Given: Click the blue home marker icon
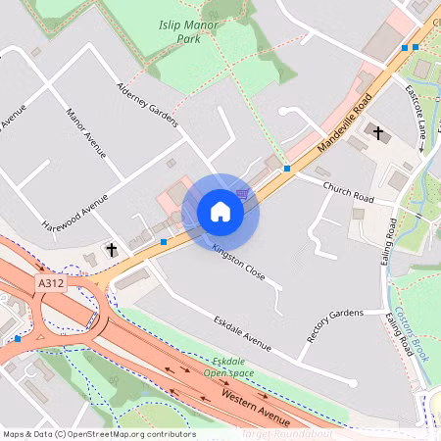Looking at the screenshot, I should [220, 211].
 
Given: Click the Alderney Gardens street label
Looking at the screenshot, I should [147, 104].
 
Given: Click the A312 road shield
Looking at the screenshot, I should [50, 282].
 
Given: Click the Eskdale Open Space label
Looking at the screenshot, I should [230, 366].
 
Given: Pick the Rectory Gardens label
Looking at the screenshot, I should [334, 326].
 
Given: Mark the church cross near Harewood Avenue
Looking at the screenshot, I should [112, 250].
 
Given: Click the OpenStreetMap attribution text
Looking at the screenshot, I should [98, 434].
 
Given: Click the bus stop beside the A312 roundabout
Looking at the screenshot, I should [18, 338].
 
